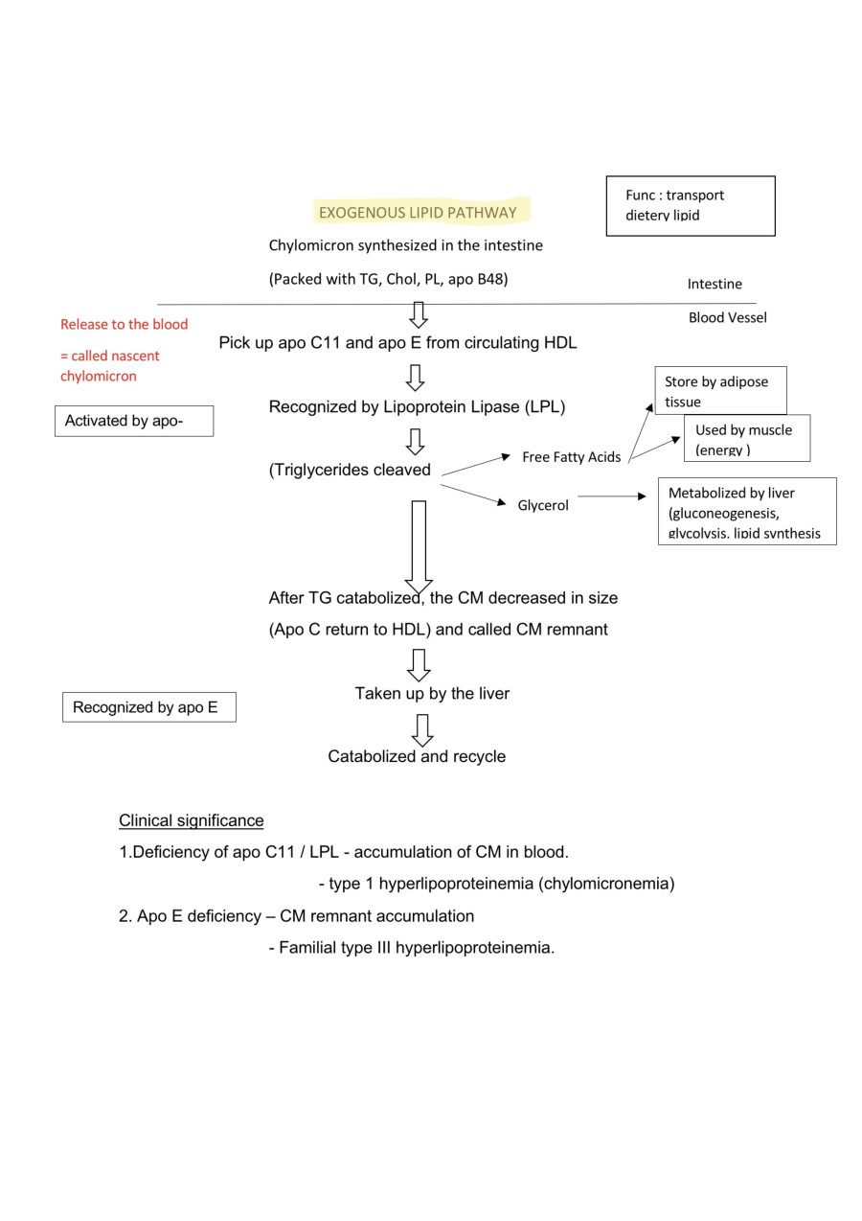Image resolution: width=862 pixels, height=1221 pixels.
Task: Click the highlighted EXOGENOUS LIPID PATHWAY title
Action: click(x=418, y=213)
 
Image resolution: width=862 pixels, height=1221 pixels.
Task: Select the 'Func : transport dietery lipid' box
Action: click(x=690, y=205)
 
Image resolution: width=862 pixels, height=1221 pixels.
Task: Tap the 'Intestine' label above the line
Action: click(x=714, y=284)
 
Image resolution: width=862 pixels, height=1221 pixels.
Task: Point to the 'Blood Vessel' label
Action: click(x=727, y=317)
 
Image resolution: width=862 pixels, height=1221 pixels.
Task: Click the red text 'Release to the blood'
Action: click(x=124, y=324)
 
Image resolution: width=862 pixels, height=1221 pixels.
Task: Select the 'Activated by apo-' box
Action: click(x=133, y=421)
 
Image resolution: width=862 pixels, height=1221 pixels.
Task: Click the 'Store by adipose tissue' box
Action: click(x=719, y=391)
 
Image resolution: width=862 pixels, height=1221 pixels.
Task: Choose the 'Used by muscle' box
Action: click(x=746, y=439)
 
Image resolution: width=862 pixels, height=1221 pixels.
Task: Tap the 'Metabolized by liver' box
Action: click(x=746, y=512)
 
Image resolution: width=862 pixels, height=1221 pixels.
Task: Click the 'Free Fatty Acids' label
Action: click(x=571, y=457)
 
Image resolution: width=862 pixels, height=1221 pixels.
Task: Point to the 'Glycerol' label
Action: click(x=543, y=505)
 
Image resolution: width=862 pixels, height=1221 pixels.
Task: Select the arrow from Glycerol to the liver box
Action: click(x=611, y=496)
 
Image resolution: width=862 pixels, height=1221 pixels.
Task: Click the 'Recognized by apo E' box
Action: click(x=148, y=708)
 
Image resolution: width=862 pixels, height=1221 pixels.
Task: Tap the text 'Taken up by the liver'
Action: click(x=432, y=693)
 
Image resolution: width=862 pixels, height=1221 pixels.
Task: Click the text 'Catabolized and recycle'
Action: click(x=417, y=756)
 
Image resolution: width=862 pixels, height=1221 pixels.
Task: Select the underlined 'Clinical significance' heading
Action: click(x=191, y=820)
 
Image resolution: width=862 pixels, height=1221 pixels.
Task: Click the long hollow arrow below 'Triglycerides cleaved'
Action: click(x=419, y=546)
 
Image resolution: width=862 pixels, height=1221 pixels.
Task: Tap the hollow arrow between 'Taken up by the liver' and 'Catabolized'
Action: click(x=421, y=729)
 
